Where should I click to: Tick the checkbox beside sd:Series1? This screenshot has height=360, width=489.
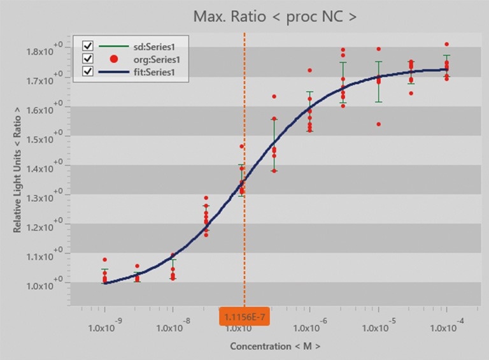pyautogui.click(x=88, y=46)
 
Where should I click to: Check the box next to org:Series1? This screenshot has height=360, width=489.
pyautogui.click(x=88, y=59)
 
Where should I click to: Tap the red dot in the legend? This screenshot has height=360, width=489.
pyautogui.click(x=114, y=59)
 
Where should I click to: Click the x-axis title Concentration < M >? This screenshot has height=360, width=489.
pyautogui.click(x=275, y=346)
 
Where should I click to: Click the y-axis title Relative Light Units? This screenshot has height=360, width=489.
pyautogui.click(x=18, y=169)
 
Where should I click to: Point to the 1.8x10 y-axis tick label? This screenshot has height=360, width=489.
pyautogui.click(x=43, y=51)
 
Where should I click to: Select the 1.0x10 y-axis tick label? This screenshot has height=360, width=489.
pyautogui.click(x=43, y=285)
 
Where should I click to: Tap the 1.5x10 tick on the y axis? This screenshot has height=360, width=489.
pyautogui.click(x=43, y=139)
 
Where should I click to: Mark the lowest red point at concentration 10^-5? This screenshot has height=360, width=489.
pyautogui.click(x=379, y=124)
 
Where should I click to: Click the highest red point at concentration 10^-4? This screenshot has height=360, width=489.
pyautogui.click(x=447, y=45)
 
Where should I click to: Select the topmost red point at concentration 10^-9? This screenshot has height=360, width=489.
pyautogui.click(x=105, y=260)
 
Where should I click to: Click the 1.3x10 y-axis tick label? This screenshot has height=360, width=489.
pyautogui.click(x=43, y=198)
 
